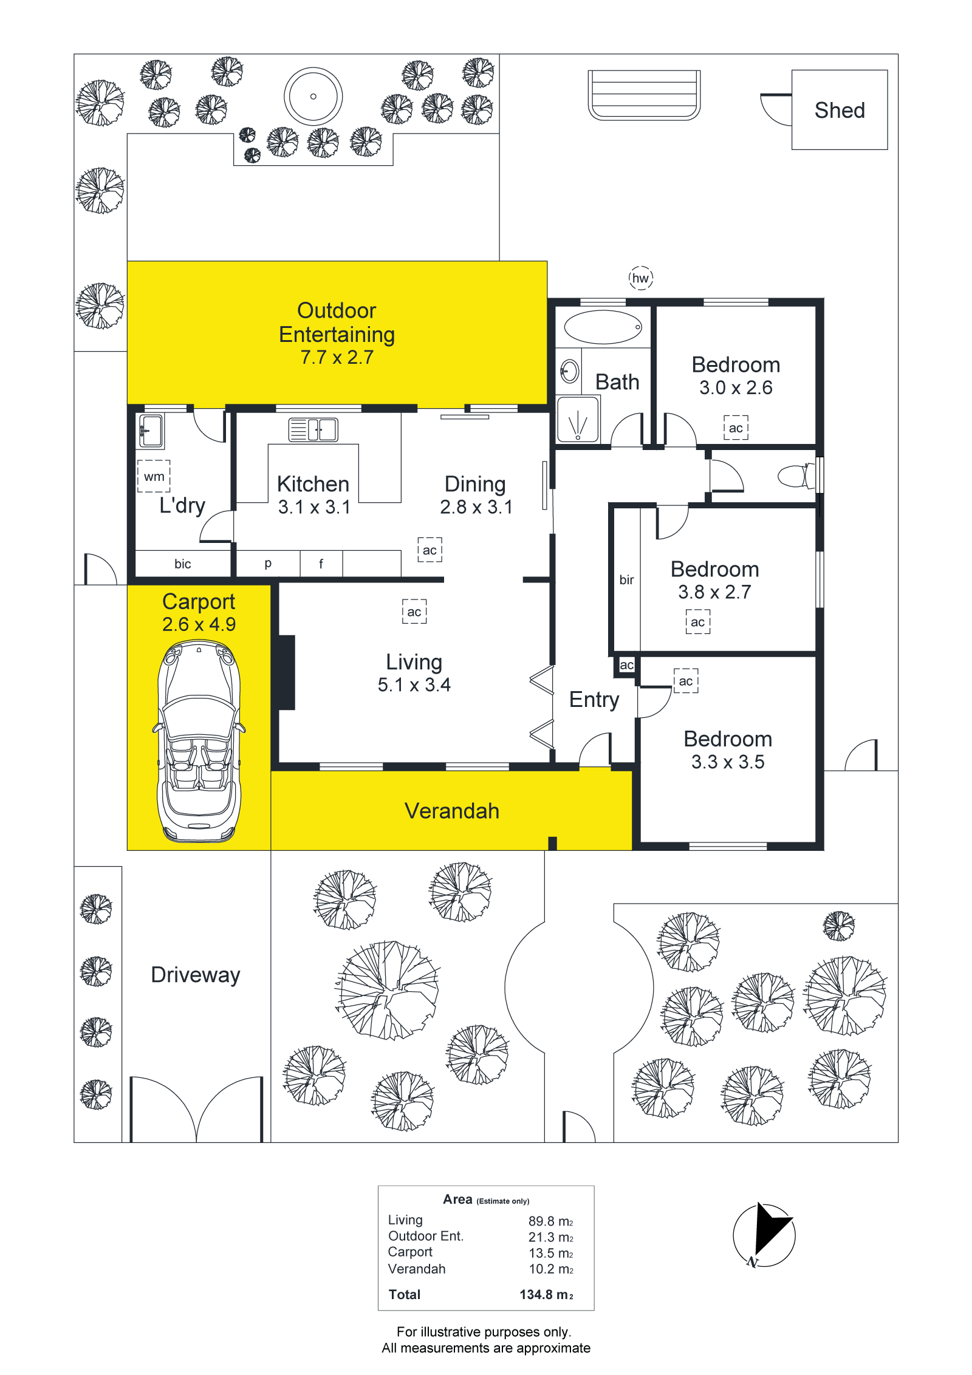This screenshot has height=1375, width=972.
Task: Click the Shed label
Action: [840, 111]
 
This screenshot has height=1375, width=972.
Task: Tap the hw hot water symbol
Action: [640, 278]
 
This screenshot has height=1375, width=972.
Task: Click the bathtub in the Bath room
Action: [603, 327]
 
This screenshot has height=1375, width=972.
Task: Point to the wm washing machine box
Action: [154, 476]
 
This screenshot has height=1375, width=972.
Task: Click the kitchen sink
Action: [313, 429]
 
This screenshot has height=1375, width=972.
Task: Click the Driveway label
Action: [195, 975]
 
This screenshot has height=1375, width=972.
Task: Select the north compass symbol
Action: [764, 1235]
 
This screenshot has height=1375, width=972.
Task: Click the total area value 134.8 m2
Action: [546, 1294]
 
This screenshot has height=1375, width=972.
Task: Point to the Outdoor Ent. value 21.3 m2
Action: [550, 1237]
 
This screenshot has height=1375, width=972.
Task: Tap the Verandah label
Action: [452, 811]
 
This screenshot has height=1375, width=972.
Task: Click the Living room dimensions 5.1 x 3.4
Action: [414, 685]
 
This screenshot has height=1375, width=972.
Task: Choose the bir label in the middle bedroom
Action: [626, 580]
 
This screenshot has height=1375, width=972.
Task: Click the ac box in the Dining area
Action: [430, 550]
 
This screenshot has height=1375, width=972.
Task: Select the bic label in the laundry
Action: [182, 564]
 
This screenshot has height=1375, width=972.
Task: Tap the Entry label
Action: [594, 700]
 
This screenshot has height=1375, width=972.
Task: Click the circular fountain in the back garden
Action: [313, 97]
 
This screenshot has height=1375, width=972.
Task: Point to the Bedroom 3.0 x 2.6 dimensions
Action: [736, 387]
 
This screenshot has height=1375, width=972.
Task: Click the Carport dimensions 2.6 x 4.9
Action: [199, 624]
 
